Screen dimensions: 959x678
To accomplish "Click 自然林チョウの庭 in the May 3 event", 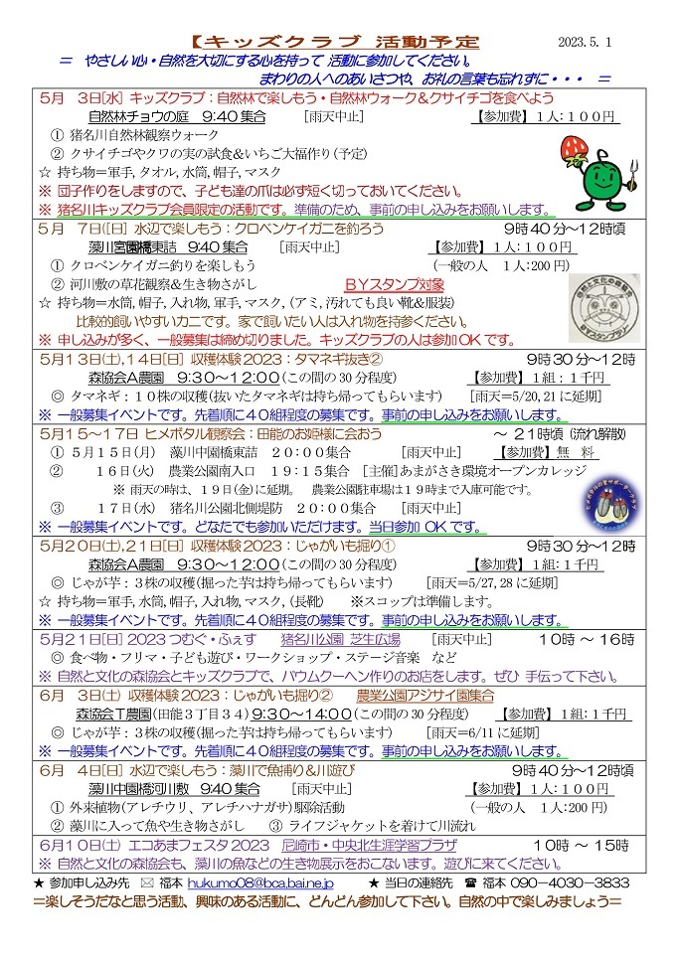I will point(136,116).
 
